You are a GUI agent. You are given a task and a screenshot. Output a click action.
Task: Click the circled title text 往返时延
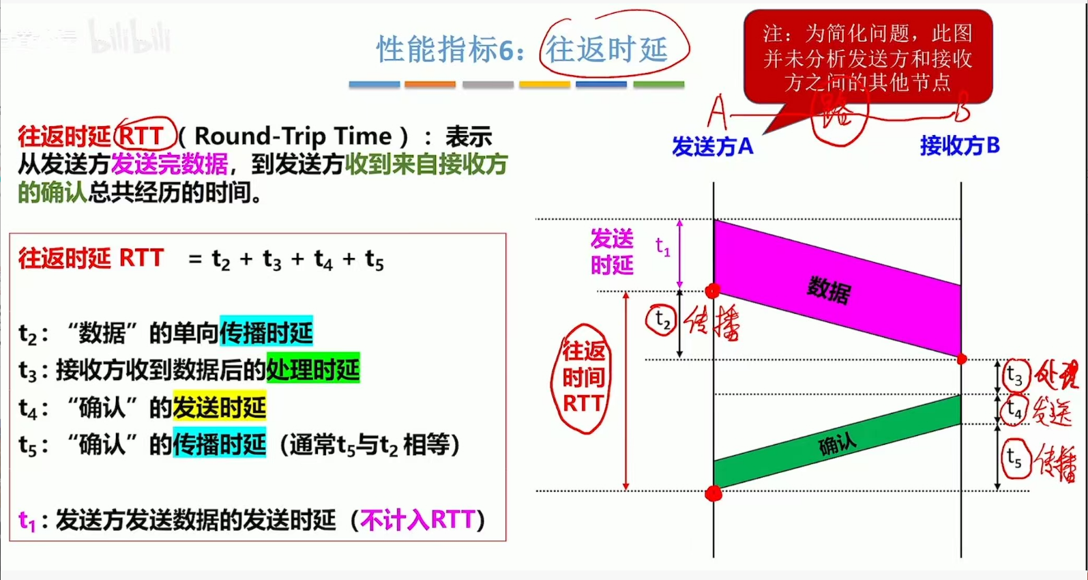pyautogui.click(x=606, y=49)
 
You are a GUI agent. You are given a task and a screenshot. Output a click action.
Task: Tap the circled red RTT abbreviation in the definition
pyautogui.click(x=141, y=136)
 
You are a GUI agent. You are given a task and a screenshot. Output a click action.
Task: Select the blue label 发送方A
pyautogui.click(x=712, y=146)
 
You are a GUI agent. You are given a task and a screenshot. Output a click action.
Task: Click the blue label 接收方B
pyautogui.click(x=960, y=145)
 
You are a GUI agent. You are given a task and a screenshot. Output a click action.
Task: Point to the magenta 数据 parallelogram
pyautogui.click(x=829, y=289)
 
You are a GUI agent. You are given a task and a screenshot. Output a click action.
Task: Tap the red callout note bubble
pyautogui.click(x=867, y=57)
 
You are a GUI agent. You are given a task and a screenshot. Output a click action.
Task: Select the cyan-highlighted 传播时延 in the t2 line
pyautogui.click(x=266, y=332)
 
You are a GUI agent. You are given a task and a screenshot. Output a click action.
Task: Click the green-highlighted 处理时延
pyautogui.click(x=313, y=369)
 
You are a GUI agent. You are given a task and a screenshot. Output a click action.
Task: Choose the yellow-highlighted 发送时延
pyautogui.click(x=219, y=407)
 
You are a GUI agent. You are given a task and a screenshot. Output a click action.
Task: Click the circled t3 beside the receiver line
pyautogui.click(x=1015, y=376)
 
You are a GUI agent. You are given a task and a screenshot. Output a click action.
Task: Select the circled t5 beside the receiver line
pyautogui.click(x=1015, y=459)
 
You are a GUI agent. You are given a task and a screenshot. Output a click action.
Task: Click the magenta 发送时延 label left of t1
pyautogui.click(x=612, y=252)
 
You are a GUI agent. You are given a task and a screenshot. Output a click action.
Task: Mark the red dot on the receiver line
pyautogui.click(x=962, y=359)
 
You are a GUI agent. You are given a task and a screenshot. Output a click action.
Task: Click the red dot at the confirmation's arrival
pyautogui.click(x=714, y=493)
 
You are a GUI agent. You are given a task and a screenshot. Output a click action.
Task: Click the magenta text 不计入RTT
pyautogui.click(x=417, y=520)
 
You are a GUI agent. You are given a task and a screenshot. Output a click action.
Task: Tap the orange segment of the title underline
pyautogui.click(x=430, y=85)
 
